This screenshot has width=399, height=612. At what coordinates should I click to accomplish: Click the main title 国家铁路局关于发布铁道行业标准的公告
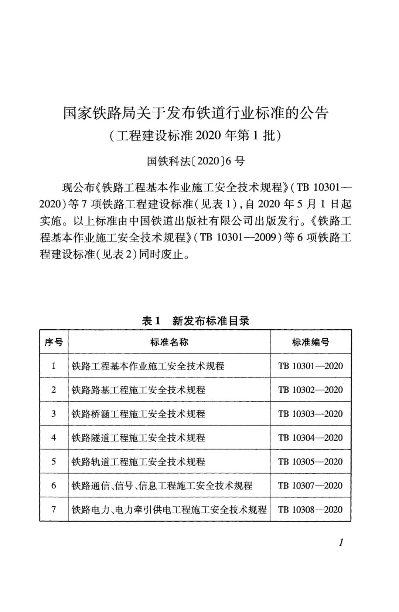coord(195,113)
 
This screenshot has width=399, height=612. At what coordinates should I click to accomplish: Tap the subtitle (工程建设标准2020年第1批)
coord(195,136)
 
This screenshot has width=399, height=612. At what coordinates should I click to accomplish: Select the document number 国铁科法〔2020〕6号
coord(195,161)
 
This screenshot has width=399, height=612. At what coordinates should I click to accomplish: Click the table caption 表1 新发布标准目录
coord(195,321)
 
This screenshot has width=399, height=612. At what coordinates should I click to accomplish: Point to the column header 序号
coord(54,342)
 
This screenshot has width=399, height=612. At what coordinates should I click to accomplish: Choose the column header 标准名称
coord(169,342)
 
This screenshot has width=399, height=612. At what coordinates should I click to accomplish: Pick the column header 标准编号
coord(310,342)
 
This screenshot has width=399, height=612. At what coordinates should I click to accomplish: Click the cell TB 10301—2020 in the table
coord(310,366)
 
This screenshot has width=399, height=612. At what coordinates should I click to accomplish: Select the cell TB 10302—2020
coord(310,390)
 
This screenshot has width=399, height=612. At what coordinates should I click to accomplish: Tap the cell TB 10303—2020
coord(310,414)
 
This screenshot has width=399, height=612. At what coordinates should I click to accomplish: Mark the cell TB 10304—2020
coord(310,438)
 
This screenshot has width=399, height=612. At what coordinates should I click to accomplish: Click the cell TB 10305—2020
coord(310,462)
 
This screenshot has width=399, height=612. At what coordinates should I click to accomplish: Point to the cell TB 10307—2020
coord(310,486)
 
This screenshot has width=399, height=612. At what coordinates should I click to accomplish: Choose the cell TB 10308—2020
coord(310,510)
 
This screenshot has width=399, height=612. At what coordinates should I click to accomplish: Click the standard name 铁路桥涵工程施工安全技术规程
coord(138,414)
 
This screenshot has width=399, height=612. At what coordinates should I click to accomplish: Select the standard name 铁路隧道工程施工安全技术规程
coord(138,438)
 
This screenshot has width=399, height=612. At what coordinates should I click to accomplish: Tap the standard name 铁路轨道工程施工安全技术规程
coord(138,462)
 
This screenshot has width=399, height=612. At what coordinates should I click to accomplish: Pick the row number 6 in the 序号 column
coord(54,486)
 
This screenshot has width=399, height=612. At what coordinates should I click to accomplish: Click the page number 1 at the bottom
coord(341,543)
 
